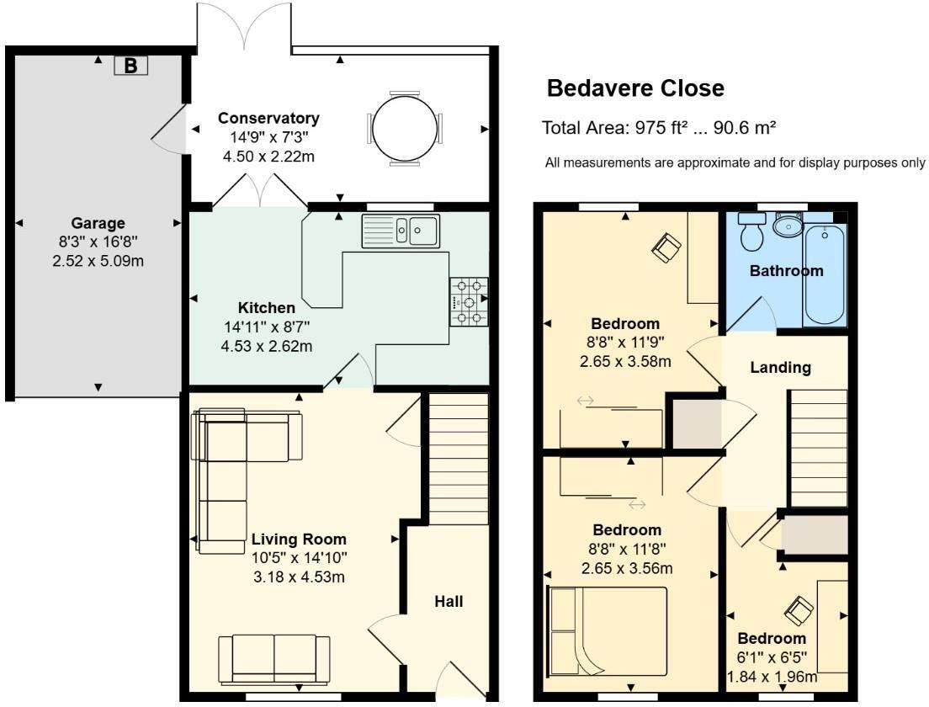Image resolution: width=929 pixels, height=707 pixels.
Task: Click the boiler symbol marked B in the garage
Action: pos(130,66)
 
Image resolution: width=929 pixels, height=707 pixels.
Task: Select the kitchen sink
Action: pos(401,231)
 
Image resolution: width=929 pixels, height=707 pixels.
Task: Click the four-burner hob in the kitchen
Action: pos(469,302)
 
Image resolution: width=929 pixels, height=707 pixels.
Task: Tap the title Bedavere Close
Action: pos(635,88)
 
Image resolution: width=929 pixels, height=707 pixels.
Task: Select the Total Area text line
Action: pos(659,128)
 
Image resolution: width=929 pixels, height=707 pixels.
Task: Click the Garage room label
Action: pos(98,223)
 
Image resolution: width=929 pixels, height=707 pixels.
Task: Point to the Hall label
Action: pos(449,601)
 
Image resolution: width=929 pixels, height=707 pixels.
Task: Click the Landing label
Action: pos(780,367)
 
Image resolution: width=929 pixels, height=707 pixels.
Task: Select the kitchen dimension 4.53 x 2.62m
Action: pos(268,346)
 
